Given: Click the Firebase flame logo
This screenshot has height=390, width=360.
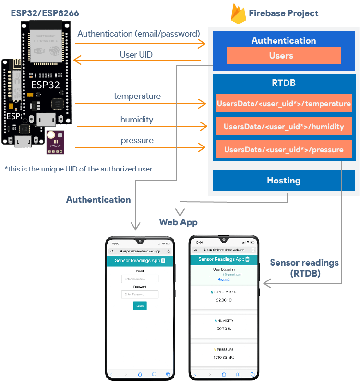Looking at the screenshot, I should pyautogui.click(x=238, y=14).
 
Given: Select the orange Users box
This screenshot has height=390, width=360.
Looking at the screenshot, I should pyautogui.click(x=284, y=56).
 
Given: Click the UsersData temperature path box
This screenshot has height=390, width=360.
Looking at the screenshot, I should pyautogui.click(x=284, y=103).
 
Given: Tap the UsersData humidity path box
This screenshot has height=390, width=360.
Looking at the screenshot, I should pyautogui.click(x=284, y=126).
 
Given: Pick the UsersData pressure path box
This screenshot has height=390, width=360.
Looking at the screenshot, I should pyautogui.click(x=284, y=149).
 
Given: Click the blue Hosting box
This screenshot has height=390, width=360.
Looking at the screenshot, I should pyautogui.click(x=284, y=181).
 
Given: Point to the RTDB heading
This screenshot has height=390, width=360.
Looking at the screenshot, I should pyautogui.click(x=284, y=83).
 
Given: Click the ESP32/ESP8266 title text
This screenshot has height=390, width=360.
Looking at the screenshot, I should pyautogui.click(x=45, y=13).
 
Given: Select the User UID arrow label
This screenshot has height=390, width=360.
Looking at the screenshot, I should pyautogui.click(x=136, y=55).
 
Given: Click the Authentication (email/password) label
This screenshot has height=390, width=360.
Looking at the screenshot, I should pyautogui.click(x=138, y=34).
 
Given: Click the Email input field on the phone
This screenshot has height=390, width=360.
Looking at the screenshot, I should pyautogui.click(x=140, y=279).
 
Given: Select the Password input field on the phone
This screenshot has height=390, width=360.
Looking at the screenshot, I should pyautogui.click(x=140, y=294).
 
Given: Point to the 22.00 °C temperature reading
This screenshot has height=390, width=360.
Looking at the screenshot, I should pyautogui.click(x=224, y=300).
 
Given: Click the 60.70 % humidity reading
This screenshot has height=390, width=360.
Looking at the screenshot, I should pyautogui.click(x=224, y=329).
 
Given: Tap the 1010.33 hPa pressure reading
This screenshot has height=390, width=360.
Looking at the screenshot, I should pyautogui.click(x=224, y=357).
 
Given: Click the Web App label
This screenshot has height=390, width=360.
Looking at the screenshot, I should pyautogui.click(x=179, y=222).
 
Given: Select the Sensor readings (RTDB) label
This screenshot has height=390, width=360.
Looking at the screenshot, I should pyautogui.click(x=304, y=268).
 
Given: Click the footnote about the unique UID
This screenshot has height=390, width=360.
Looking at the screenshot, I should pyautogui.click(x=78, y=169).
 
